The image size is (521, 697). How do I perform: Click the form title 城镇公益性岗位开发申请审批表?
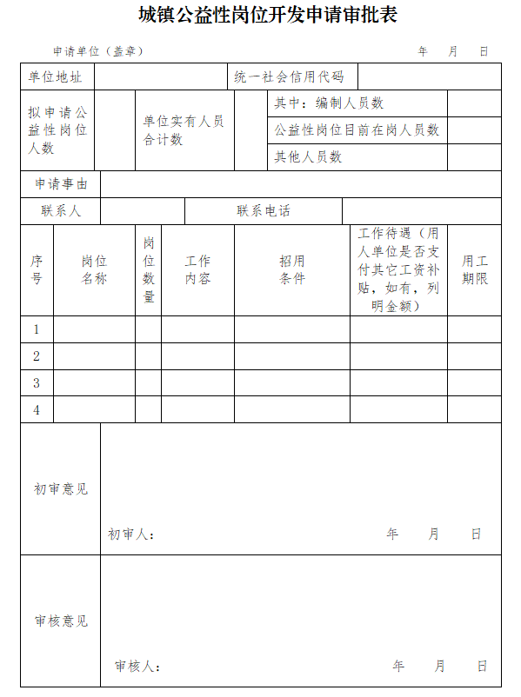pyautogui.click(x=260, y=16)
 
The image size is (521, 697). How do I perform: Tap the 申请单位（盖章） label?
pyautogui.click(x=98, y=51)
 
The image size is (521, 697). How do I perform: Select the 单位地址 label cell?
pyautogui.click(x=57, y=76)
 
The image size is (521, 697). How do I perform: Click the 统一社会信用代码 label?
pyautogui.click(x=290, y=76)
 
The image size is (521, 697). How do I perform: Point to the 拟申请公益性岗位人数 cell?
pyautogui.click(x=57, y=130)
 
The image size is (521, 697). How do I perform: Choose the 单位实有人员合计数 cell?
pyautogui.click(x=184, y=130)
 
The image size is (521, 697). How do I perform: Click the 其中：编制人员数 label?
pyautogui.click(x=329, y=103)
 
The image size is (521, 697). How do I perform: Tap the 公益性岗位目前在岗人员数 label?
pyautogui.click(x=357, y=130)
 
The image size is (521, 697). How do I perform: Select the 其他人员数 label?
pyautogui.click(x=309, y=157)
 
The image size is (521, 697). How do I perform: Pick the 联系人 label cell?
pyautogui.click(x=61, y=211)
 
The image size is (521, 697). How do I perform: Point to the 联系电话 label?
pyautogui.click(x=264, y=211)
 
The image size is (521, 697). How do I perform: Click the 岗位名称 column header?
pyautogui.click(x=94, y=269)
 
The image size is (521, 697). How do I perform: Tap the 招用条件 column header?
pyautogui.click(x=292, y=269)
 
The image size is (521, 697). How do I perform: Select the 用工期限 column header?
pyautogui.click(x=475, y=269)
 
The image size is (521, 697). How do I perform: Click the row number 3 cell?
pyautogui.click(x=37, y=382)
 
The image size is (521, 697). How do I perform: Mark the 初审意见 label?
pyautogui.click(x=61, y=489)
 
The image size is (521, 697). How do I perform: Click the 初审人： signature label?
pyautogui.click(x=131, y=534)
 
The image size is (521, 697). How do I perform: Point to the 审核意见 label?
pyautogui.click(x=61, y=621)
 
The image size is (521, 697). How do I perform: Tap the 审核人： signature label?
pyautogui.click(x=137, y=667)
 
